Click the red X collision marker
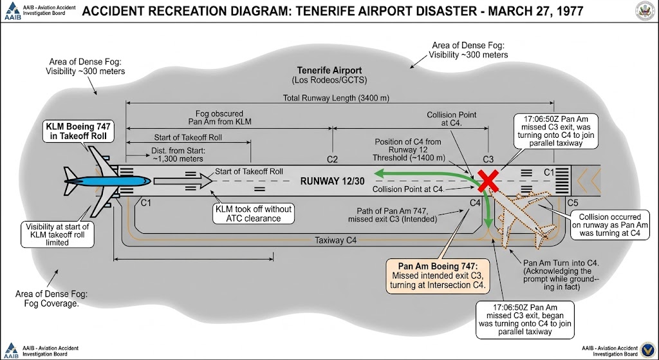tap(489, 181)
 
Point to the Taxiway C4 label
tap(337, 240)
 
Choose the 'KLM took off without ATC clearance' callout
tap(255, 214)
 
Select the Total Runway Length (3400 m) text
tap(338, 98)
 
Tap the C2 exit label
tap(332, 159)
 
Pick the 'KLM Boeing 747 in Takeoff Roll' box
tap(80, 131)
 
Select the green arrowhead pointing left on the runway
tap(381, 173)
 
